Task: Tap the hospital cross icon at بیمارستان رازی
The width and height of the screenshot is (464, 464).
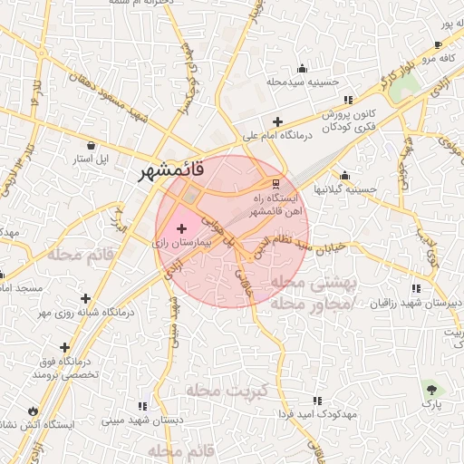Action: click(x=182, y=228)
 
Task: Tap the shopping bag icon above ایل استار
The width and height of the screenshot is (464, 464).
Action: click(x=92, y=145)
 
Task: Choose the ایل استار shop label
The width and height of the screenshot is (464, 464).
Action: click(x=91, y=159)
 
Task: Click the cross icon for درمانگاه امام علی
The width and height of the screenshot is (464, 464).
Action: click(x=277, y=121)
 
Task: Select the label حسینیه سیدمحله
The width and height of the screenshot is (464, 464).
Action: click(x=303, y=82)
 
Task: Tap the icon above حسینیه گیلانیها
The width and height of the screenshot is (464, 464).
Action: click(x=344, y=176)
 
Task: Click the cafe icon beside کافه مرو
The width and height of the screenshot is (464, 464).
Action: click(x=439, y=44)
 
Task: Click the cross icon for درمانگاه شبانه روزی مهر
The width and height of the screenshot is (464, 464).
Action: click(x=86, y=298)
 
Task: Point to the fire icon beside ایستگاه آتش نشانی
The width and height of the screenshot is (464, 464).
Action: click(x=34, y=410)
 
